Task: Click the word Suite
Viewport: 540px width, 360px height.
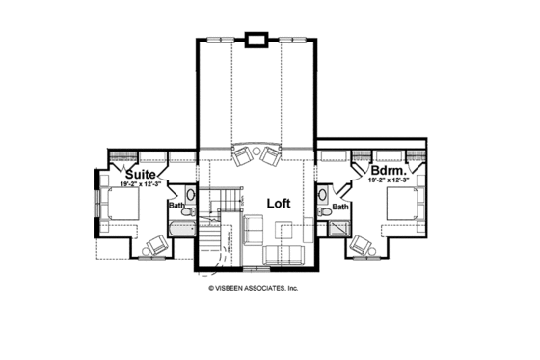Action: coord(138,173)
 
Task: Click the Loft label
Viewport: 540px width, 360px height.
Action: coord(280,204)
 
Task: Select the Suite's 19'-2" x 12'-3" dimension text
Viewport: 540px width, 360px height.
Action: coord(141,182)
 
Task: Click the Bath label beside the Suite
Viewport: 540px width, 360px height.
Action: coord(176,205)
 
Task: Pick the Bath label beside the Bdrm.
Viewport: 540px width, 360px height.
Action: coord(340,207)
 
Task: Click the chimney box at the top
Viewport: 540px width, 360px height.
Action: coord(256,40)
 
